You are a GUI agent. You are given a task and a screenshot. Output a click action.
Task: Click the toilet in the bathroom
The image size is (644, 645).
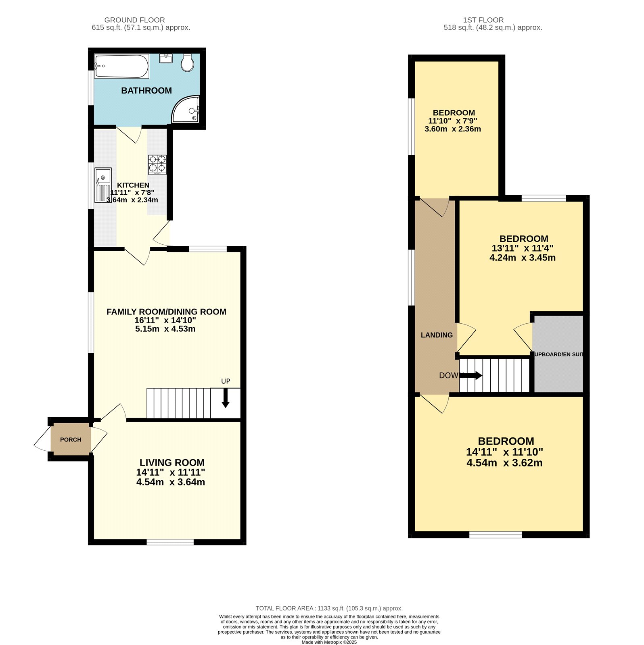(187, 63)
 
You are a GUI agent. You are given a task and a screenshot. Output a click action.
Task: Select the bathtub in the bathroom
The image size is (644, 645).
(121, 66)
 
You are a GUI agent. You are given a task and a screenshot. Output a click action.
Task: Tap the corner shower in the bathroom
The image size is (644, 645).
(186, 110)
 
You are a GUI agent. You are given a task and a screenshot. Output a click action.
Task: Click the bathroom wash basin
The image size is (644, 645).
(166, 58)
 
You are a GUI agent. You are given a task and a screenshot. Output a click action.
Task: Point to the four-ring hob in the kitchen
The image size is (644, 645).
(157, 164)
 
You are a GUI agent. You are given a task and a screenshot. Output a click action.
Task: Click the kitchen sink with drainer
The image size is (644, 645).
(103, 185)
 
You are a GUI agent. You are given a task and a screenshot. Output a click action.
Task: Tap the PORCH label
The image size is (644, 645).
(71, 439)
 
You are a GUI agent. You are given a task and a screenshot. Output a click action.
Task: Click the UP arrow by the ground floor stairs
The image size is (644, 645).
(226, 397)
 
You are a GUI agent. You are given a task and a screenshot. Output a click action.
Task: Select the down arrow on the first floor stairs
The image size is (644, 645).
(471, 376)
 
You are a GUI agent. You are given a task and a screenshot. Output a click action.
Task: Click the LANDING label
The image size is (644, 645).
(437, 335)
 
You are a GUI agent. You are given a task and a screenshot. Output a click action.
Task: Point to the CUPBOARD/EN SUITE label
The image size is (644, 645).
(558, 354)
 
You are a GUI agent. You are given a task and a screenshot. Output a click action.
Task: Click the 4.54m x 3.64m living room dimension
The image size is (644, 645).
(171, 482)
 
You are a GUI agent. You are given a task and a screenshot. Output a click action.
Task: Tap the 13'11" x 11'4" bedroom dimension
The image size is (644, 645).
(522, 248)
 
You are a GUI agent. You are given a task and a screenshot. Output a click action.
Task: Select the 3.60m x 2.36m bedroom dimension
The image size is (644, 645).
(453, 129)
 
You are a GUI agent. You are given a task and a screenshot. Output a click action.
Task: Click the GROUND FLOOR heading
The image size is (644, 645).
(134, 20)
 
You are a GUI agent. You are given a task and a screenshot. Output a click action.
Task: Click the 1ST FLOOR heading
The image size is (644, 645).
(483, 20)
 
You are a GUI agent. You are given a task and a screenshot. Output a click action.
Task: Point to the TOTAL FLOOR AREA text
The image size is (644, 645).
(329, 608)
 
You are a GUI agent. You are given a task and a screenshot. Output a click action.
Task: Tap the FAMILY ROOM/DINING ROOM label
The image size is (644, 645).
(166, 312)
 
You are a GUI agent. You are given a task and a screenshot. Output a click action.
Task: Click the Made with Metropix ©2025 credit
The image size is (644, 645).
(329, 642)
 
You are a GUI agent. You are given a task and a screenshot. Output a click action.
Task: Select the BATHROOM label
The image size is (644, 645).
(146, 91)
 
